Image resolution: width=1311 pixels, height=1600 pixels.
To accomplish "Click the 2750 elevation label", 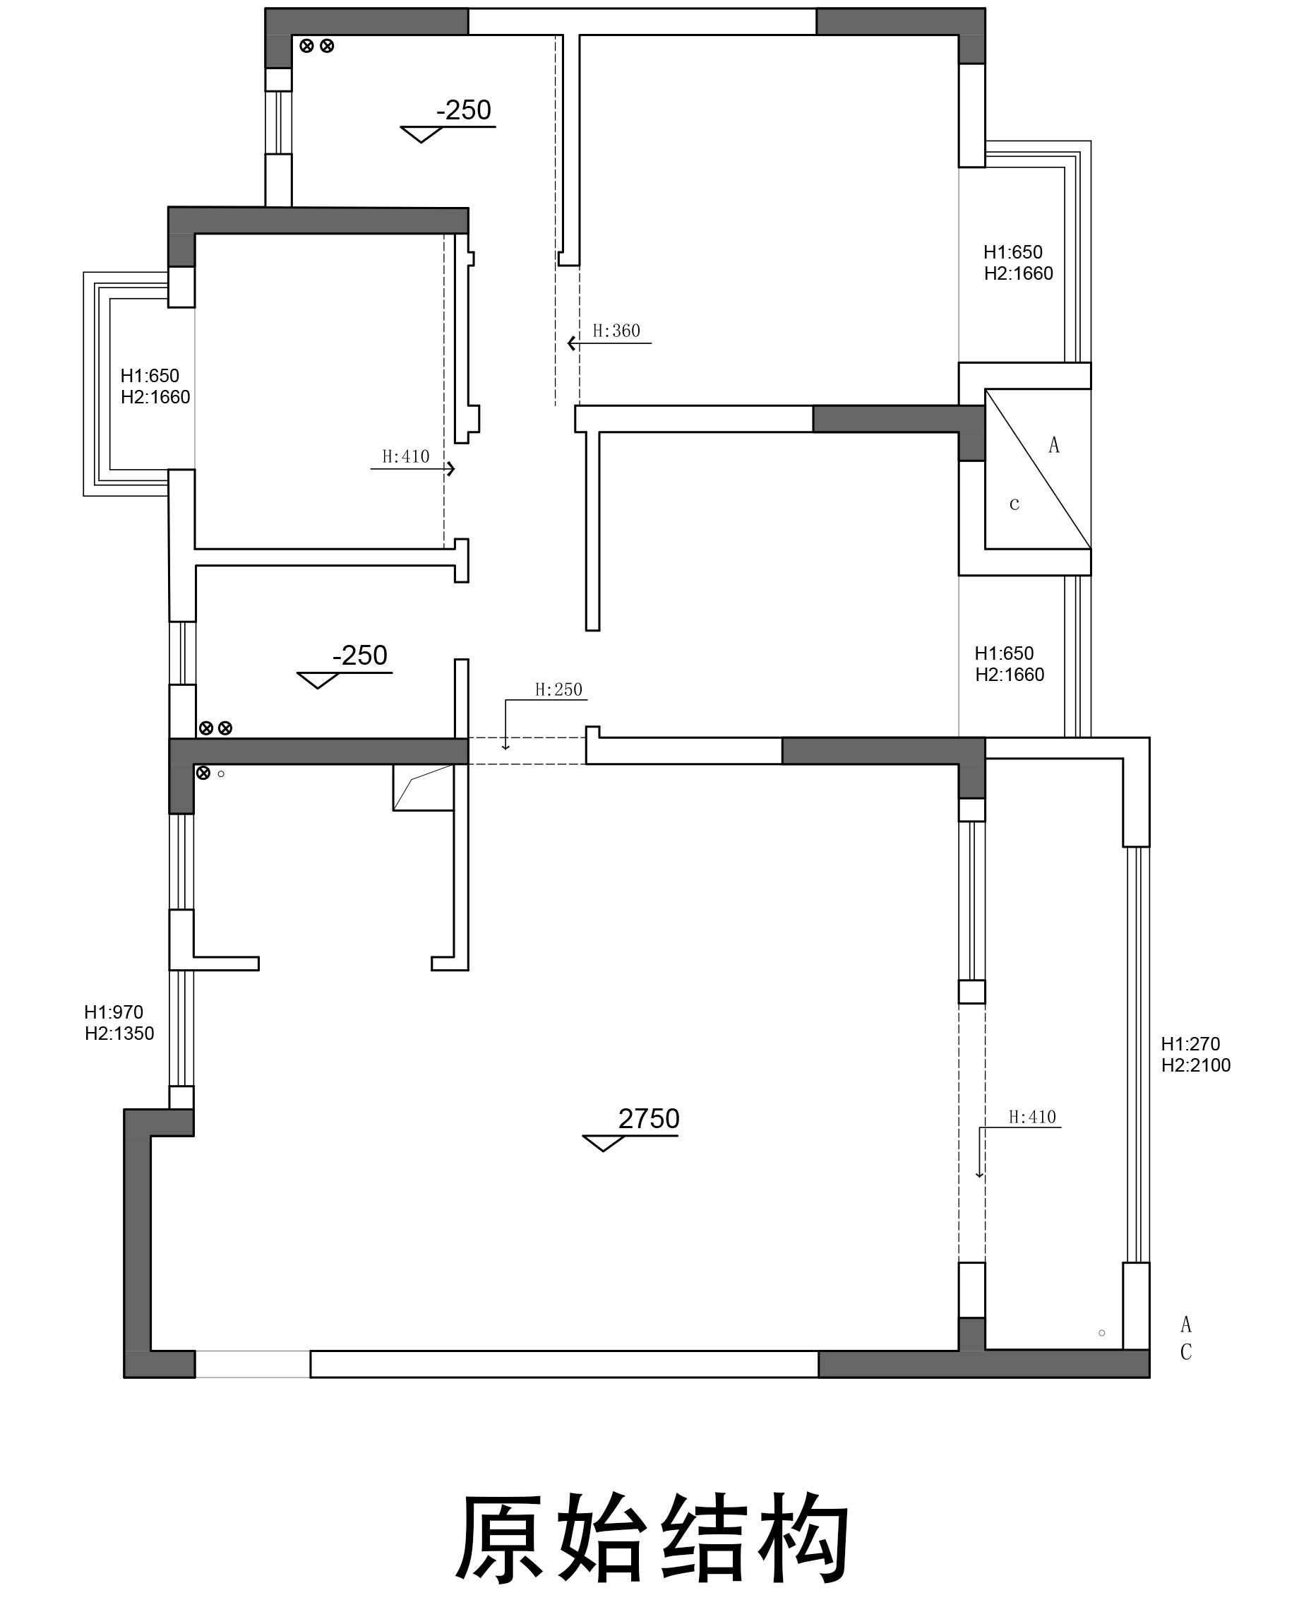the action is (649, 1118).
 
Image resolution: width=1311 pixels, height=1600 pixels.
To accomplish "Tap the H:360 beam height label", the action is (616, 331).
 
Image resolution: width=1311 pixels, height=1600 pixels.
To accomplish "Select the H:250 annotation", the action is (559, 689).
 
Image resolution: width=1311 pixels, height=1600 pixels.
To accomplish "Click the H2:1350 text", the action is (119, 1033).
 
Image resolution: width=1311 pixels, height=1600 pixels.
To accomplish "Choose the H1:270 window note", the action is (1190, 1044).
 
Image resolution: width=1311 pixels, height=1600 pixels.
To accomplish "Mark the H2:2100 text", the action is (1196, 1065).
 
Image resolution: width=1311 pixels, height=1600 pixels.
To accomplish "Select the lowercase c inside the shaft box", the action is (1014, 504).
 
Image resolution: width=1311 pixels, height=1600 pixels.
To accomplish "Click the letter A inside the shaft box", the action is (1054, 446).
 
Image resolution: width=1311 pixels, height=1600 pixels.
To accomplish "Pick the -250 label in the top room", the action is (464, 110).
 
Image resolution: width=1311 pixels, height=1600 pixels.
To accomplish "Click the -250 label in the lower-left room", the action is (360, 655).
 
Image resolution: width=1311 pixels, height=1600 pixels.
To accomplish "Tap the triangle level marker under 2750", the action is (604, 1144).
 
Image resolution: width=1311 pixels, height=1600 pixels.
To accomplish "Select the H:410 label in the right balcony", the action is (1032, 1117).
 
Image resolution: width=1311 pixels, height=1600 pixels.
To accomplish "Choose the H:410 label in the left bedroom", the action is (405, 456).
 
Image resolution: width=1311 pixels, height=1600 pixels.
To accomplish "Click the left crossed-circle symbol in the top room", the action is (306, 46).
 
